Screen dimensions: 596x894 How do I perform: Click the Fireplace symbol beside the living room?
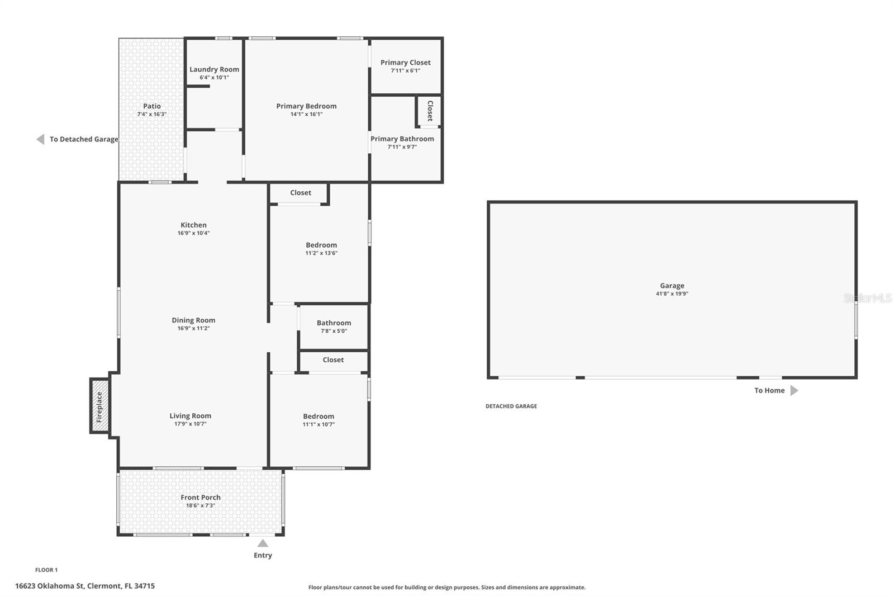point(99,406)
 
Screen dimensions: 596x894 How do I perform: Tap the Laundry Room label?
point(214,69)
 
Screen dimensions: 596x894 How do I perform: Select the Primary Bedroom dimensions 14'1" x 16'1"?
point(306,114)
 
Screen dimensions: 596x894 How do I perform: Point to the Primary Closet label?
point(405,63)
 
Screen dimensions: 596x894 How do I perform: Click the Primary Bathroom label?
point(402,139)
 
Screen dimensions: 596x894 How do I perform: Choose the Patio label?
point(151,106)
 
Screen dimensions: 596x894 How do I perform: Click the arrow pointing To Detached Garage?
point(40,139)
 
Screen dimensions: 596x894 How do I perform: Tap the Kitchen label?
point(193,225)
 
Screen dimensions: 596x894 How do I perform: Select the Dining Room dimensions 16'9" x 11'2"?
point(193,328)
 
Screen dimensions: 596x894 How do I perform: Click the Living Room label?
point(190,415)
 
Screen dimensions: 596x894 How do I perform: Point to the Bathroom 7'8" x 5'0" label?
point(334,323)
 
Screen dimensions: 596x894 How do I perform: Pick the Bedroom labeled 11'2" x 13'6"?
point(321,245)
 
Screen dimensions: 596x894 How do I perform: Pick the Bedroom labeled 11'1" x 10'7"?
point(318,416)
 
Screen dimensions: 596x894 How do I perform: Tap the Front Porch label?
point(200,497)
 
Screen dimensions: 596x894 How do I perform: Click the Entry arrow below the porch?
point(263,543)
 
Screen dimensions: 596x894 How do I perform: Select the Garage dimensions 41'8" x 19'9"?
point(672,294)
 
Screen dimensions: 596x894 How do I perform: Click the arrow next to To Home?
point(794,390)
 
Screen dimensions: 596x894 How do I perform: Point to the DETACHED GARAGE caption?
point(511,406)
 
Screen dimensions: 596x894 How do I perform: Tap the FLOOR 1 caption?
point(46,570)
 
